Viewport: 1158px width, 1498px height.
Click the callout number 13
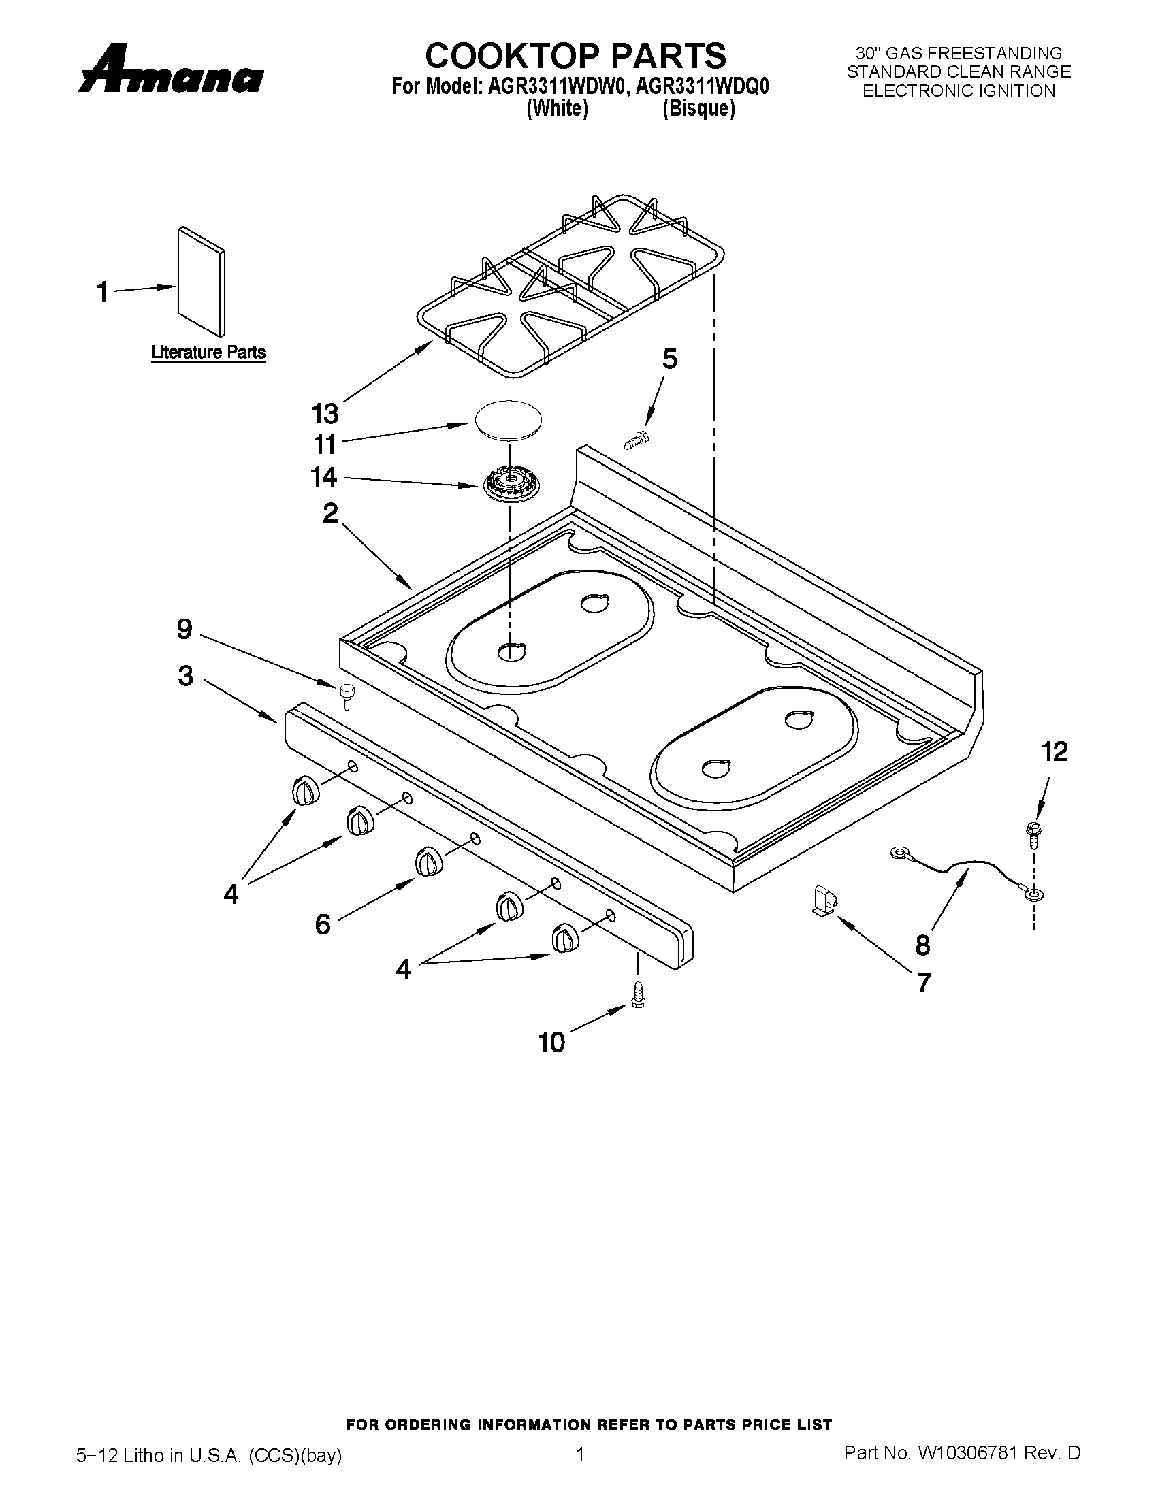pos(325,414)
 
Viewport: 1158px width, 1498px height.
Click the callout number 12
pos(1055,752)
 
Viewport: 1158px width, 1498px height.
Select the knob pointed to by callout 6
pos(427,862)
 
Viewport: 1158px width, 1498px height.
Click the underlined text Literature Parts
pos(208,353)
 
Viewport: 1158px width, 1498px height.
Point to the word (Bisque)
pos(698,109)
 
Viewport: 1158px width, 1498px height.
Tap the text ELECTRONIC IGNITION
pos(959,91)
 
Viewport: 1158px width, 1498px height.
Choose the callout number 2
pos(331,512)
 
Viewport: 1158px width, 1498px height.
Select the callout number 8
pos(922,945)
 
